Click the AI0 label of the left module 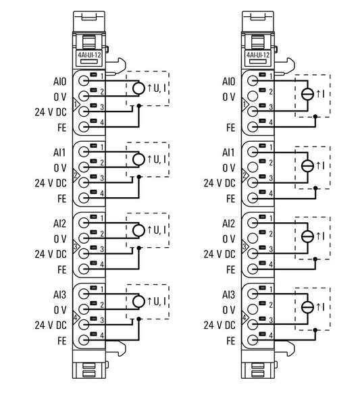click(59, 82)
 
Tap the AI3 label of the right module click(228, 294)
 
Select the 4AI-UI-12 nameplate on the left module click(88, 55)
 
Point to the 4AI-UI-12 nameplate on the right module click(258, 55)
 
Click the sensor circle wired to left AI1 click(138, 159)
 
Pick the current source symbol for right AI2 click(307, 236)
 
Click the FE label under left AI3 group click(61, 341)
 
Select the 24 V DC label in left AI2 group click(51, 254)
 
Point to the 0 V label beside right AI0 click(229, 97)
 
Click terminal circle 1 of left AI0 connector click(84, 81)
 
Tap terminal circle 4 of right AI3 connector click(253, 340)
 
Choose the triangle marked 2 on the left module click(76, 176)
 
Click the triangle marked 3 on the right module click(245, 246)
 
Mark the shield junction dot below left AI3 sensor click(139, 319)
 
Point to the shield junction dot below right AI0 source click(315, 117)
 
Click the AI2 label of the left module click(59, 224)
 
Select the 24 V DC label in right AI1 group click(220, 183)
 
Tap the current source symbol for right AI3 click(307, 307)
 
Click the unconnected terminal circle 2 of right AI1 click(253, 167)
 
